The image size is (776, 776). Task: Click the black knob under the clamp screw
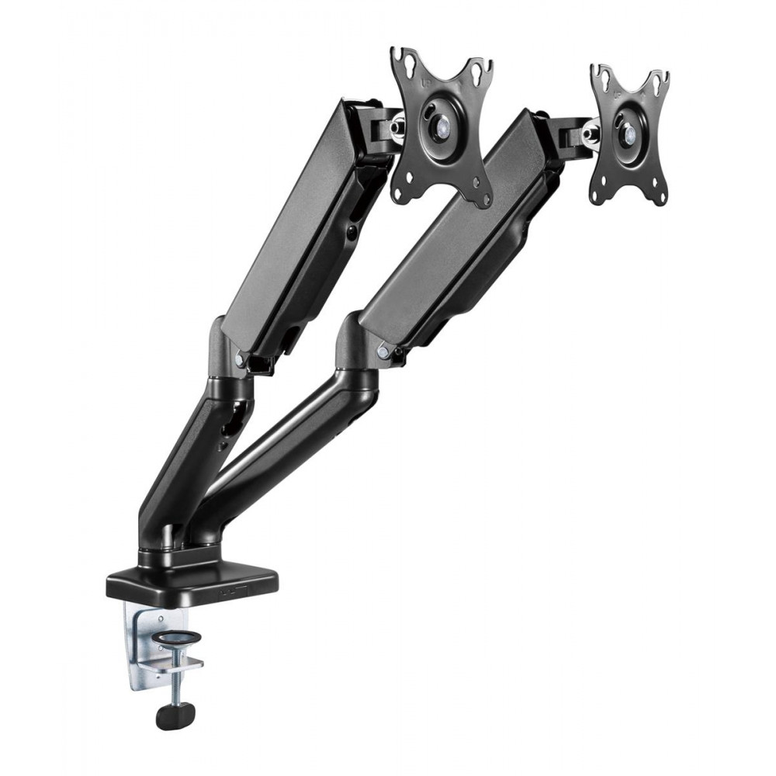point(175,714)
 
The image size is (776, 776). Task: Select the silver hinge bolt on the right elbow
point(383,352)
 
